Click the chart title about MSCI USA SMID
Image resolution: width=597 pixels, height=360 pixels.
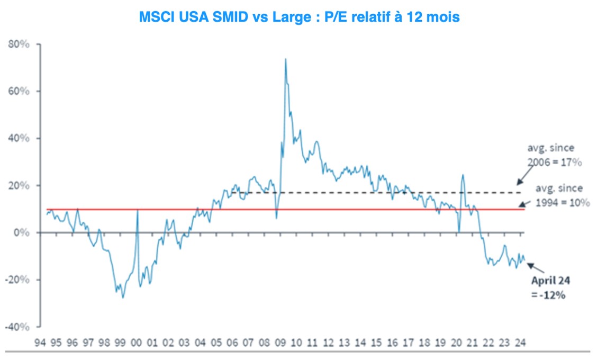(299, 17)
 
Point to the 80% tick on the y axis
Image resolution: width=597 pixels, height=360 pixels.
(19, 44)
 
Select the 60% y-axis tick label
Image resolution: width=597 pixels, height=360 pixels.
(19, 92)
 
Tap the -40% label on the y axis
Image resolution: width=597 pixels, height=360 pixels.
(17, 327)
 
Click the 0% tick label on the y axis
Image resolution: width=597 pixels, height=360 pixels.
(23, 233)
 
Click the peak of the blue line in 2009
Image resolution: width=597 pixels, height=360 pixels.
(286, 59)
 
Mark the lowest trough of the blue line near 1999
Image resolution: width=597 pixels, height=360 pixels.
(123, 298)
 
